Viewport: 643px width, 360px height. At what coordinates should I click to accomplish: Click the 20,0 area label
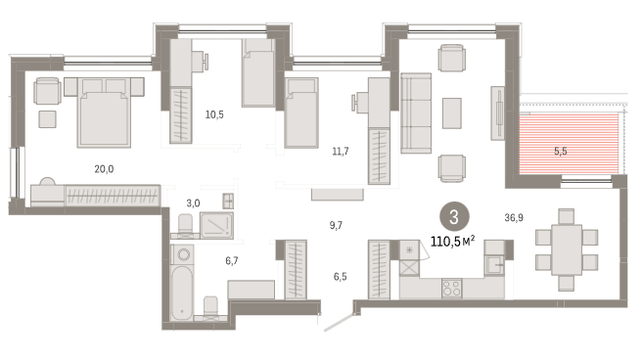pos(104,169)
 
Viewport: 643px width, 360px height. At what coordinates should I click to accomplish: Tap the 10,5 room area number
pos(214,114)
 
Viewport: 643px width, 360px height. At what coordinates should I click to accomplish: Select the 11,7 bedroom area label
pos(341,152)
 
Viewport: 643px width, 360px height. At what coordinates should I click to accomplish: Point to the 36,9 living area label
pos(514,218)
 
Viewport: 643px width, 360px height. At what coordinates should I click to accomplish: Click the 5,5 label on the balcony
pos(560,152)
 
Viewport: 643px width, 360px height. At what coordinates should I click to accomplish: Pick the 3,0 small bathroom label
pos(193,202)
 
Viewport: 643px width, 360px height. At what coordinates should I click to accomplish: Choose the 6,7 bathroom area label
pos(232,261)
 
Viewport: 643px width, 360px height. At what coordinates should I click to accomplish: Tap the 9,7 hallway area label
pos(336,225)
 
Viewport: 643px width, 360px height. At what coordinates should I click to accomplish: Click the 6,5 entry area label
pos(340,277)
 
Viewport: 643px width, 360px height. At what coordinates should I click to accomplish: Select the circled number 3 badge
pos(454,217)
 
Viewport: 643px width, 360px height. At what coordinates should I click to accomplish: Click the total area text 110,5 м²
pos(453,241)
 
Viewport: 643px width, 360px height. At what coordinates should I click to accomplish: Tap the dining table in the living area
pos(567,249)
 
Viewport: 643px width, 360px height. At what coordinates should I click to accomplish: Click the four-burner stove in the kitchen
pos(451,288)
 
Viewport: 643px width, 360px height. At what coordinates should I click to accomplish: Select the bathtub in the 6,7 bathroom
pos(182,292)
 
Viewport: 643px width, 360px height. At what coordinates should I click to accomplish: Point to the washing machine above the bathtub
pos(182,255)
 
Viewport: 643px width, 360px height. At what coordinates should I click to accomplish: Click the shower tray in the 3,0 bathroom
pos(216,225)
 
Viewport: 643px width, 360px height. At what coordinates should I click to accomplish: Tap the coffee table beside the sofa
pos(451,113)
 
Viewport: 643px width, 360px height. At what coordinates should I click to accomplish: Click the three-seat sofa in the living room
pos(416,113)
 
